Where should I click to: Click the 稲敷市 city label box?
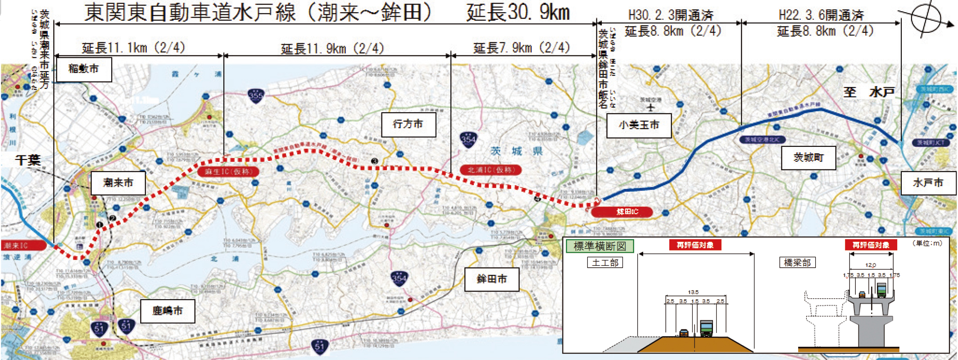tap(84, 69)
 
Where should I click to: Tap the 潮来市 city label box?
tap(118, 182)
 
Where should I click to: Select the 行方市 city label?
tap(409, 124)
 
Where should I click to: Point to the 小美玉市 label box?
tap(639, 125)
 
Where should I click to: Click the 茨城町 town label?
tap(808, 157)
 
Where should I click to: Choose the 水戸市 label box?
tap(928, 183)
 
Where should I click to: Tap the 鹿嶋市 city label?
tap(168, 311)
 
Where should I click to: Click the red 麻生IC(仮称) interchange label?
tap(228, 172)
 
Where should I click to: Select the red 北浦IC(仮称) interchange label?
tap(491, 170)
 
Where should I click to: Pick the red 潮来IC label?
tap(23, 245)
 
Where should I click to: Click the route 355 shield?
tap(255, 96)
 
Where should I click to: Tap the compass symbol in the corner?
tap(927, 18)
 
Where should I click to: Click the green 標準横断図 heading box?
tap(599, 246)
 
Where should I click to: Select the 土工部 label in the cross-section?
tap(605, 262)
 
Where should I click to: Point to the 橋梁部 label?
tap(797, 262)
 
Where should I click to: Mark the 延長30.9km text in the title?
tap(518, 13)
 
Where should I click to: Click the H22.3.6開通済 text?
tap(821, 15)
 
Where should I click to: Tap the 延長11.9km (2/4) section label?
tap(332, 48)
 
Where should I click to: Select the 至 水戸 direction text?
tap(869, 92)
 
